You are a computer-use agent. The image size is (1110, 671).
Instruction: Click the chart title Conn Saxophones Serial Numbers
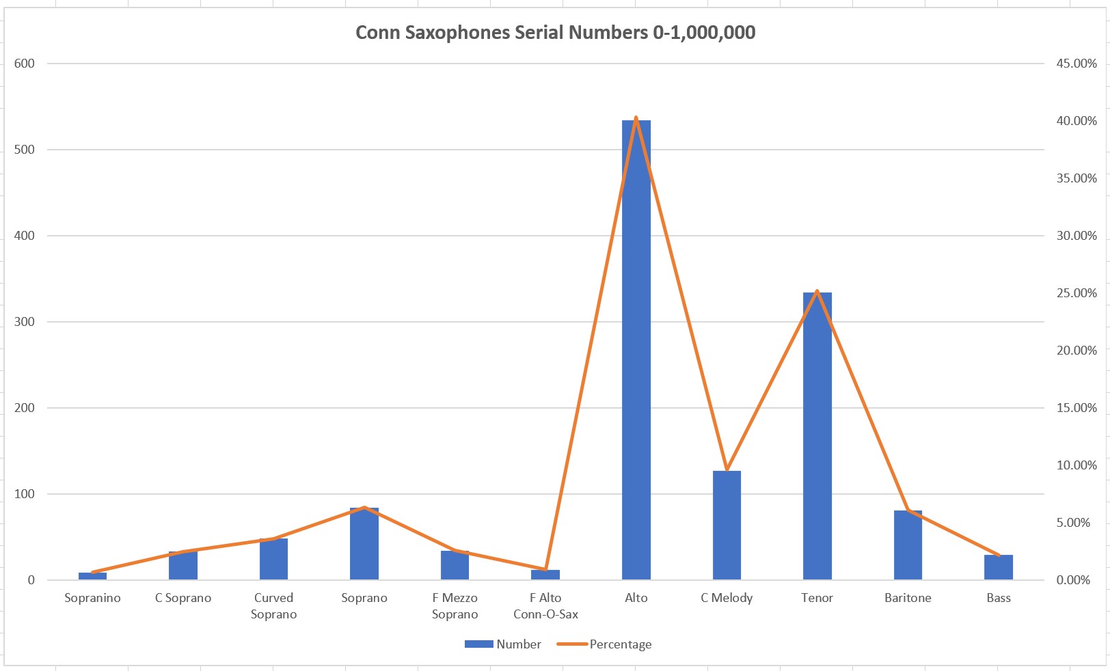[555, 33]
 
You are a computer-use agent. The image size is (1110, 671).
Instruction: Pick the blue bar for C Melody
[727, 526]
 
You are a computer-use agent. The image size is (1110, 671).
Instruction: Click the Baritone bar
[908, 547]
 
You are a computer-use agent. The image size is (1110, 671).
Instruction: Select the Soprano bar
[364, 547]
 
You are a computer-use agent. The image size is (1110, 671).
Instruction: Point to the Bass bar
[999, 568]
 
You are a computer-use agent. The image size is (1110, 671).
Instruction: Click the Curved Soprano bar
[273, 560]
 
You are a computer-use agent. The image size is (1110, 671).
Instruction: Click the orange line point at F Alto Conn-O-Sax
[545, 569]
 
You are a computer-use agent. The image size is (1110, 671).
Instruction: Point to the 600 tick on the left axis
[24, 64]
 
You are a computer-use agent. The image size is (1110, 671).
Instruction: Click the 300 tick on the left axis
[24, 322]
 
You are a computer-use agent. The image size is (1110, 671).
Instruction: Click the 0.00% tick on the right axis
[1073, 580]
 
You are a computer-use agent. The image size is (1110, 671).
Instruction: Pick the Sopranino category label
[92, 598]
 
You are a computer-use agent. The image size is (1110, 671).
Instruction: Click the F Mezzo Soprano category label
[455, 606]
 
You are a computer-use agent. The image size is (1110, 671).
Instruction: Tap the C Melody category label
[727, 598]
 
